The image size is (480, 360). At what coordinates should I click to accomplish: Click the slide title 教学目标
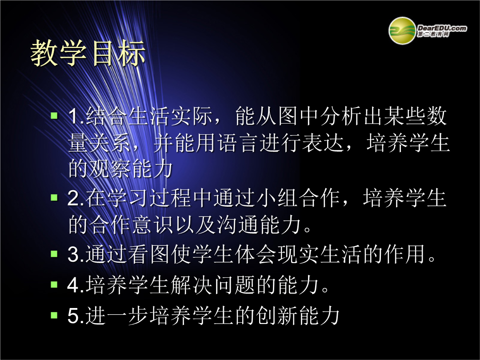(88, 53)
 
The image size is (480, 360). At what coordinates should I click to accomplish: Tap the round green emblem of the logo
(402, 31)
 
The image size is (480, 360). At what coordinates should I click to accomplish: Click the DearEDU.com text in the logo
(442, 28)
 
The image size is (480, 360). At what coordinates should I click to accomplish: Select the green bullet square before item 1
(54, 116)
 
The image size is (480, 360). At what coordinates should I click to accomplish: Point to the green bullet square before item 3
(54, 254)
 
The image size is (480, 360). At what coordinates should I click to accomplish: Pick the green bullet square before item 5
(54, 315)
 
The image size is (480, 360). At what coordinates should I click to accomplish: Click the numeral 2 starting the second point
(74, 198)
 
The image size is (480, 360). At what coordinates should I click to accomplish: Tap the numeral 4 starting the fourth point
(74, 285)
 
